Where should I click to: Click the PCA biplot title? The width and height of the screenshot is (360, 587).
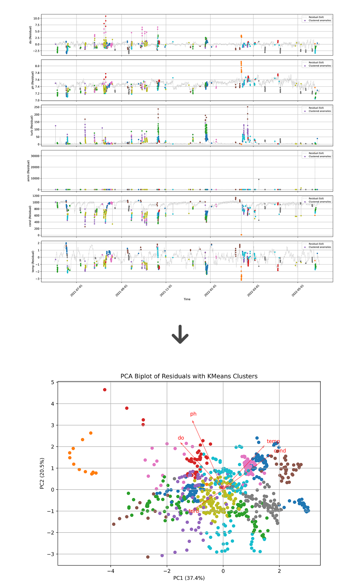point(189,376)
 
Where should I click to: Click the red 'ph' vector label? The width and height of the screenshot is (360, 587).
point(193,414)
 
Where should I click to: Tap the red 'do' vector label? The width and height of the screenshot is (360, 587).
point(181,438)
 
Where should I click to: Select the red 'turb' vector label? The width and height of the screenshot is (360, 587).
point(194,511)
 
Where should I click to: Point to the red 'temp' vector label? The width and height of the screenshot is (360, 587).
point(273,441)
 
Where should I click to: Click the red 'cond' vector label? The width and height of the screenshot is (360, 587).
point(280,451)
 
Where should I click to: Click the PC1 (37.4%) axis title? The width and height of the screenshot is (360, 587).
point(189,578)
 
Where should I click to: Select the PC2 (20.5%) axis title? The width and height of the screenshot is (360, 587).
point(42,473)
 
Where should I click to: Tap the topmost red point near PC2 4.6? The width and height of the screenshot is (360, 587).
point(105,390)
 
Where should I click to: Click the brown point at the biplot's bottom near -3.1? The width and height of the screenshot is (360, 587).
point(148,557)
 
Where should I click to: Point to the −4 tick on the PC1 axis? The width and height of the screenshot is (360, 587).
point(110,571)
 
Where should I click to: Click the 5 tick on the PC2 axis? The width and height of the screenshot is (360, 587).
point(52,382)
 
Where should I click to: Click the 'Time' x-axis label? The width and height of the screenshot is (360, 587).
point(187,299)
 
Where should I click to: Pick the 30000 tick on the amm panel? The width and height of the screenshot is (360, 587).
point(35,156)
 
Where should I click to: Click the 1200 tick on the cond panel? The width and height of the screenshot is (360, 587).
point(36,196)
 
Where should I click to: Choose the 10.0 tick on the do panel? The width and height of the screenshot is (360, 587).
point(36,18)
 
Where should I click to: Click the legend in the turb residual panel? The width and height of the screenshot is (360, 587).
point(317,110)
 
